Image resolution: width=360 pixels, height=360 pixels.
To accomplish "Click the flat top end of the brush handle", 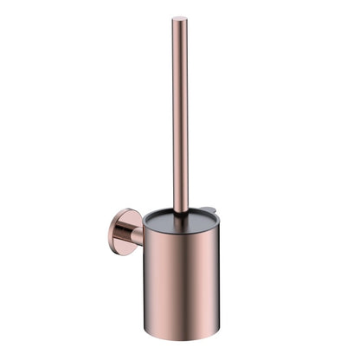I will click(179, 19).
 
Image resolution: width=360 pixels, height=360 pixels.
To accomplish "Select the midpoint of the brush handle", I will click(179, 115).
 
